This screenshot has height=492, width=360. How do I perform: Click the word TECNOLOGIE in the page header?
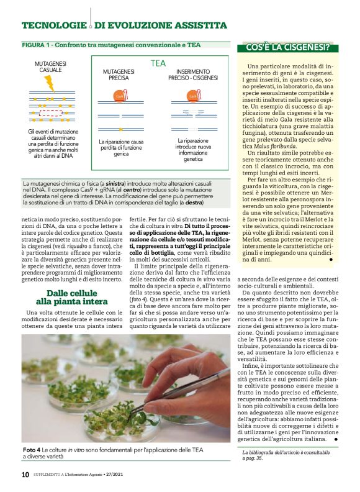[53, 25]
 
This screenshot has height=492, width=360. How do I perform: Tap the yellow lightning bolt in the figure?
[49, 83]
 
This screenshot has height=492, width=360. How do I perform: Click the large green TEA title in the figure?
[158, 63]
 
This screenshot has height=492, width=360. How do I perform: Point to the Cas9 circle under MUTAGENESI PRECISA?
[120, 97]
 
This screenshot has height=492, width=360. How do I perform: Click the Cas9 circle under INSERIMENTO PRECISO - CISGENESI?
[191, 97]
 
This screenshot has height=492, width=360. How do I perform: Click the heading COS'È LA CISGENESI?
[287, 47]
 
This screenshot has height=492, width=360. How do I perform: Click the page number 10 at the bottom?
[25, 475]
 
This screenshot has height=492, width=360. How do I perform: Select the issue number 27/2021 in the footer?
[129, 475]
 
